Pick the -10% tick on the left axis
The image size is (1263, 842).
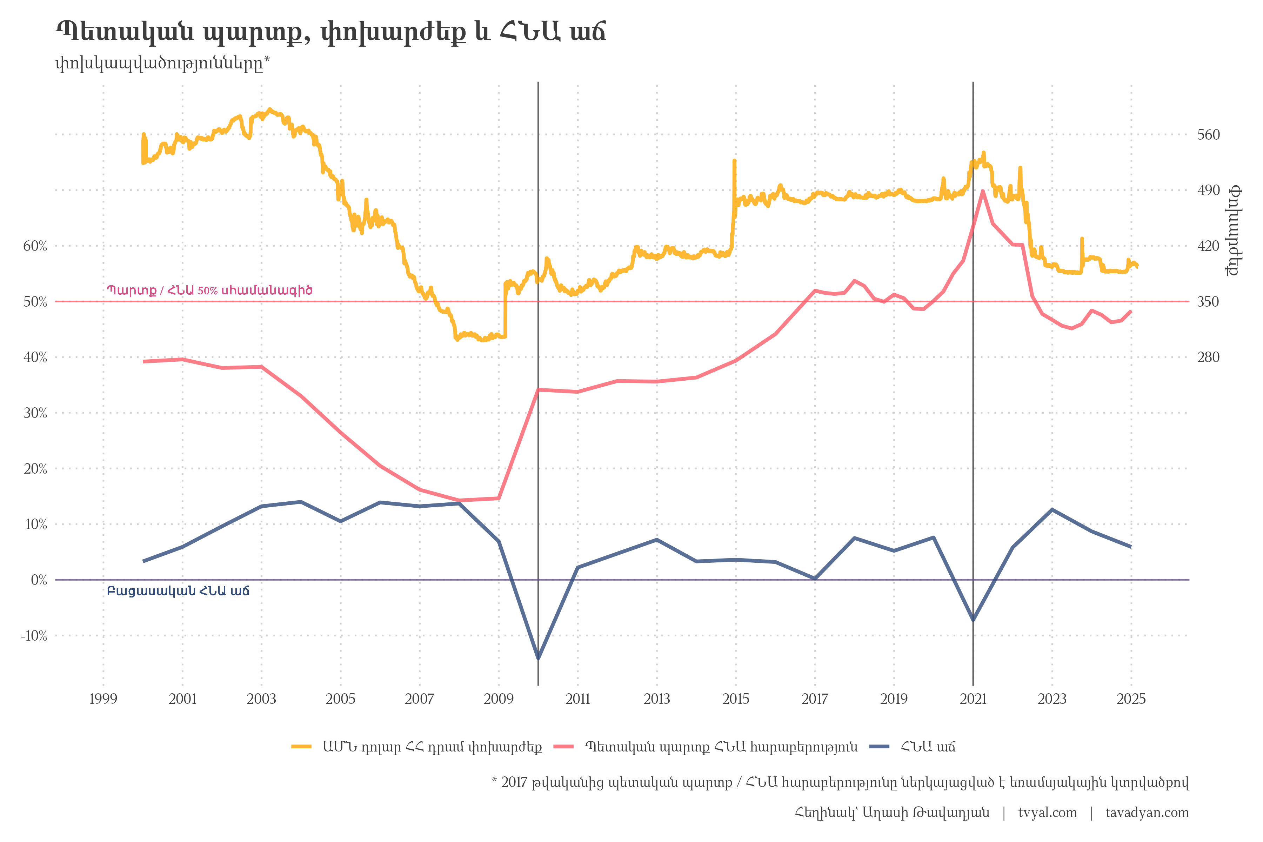tap(34, 636)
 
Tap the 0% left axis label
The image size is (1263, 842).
tap(39, 580)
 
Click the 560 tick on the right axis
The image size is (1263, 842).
tap(1208, 134)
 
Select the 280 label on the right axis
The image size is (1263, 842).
tap(1208, 357)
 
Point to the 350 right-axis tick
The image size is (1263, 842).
tap(1208, 302)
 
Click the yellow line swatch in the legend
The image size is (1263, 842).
tap(301, 747)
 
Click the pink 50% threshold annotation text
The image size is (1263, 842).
tap(209, 290)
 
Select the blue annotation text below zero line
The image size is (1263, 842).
tap(178, 591)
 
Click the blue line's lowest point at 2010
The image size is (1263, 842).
tap(538, 659)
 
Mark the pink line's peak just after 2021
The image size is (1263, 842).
tap(982, 191)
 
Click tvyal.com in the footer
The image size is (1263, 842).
tap(1047, 813)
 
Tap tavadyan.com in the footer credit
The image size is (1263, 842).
tap(1147, 813)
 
